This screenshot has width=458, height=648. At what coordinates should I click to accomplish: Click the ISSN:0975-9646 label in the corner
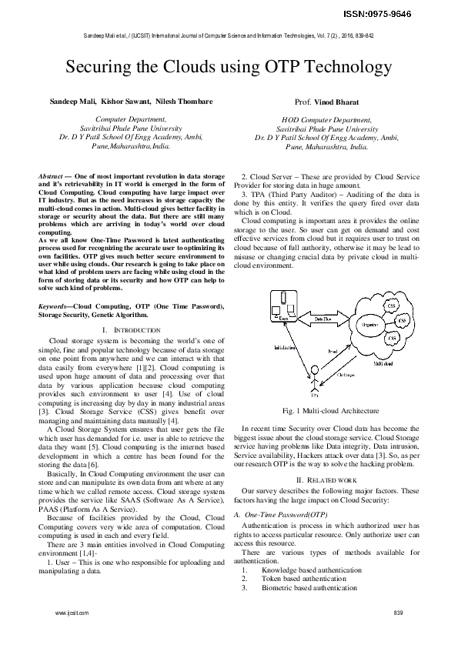click(411, 14)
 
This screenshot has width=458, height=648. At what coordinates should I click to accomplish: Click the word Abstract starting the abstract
click(51, 176)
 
